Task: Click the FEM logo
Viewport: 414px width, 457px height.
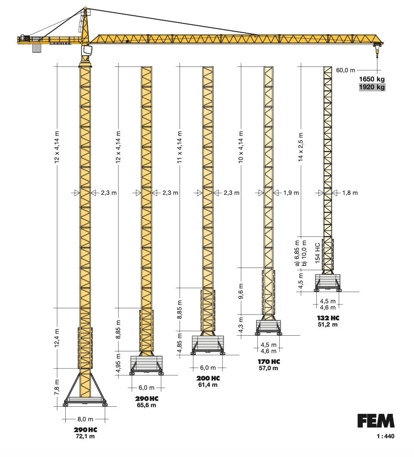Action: pos(376,421)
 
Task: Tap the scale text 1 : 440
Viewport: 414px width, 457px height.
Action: pos(385,437)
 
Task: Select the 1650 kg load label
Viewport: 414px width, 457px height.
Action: pos(372,79)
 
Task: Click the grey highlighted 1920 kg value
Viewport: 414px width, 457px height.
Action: pos(372,87)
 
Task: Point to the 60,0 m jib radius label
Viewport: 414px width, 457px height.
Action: pos(345,70)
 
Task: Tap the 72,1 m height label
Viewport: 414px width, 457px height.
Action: pos(86,437)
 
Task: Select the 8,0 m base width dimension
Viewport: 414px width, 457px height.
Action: pos(85,419)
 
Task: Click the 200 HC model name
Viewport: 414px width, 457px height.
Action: pos(208,378)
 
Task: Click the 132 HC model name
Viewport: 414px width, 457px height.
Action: pos(328,318)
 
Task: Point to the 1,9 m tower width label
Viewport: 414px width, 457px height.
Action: pos(291,193)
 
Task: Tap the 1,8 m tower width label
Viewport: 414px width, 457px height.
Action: pos(350,193)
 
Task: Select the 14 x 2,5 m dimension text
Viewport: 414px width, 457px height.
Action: pos(301,150)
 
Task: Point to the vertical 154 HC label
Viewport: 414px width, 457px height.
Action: pos(318,253)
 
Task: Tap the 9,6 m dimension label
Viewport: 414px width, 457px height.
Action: pos(241,291)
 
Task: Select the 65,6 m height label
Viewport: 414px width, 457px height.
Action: pos(146,405)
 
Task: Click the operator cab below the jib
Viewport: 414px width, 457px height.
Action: pos(87,50)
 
